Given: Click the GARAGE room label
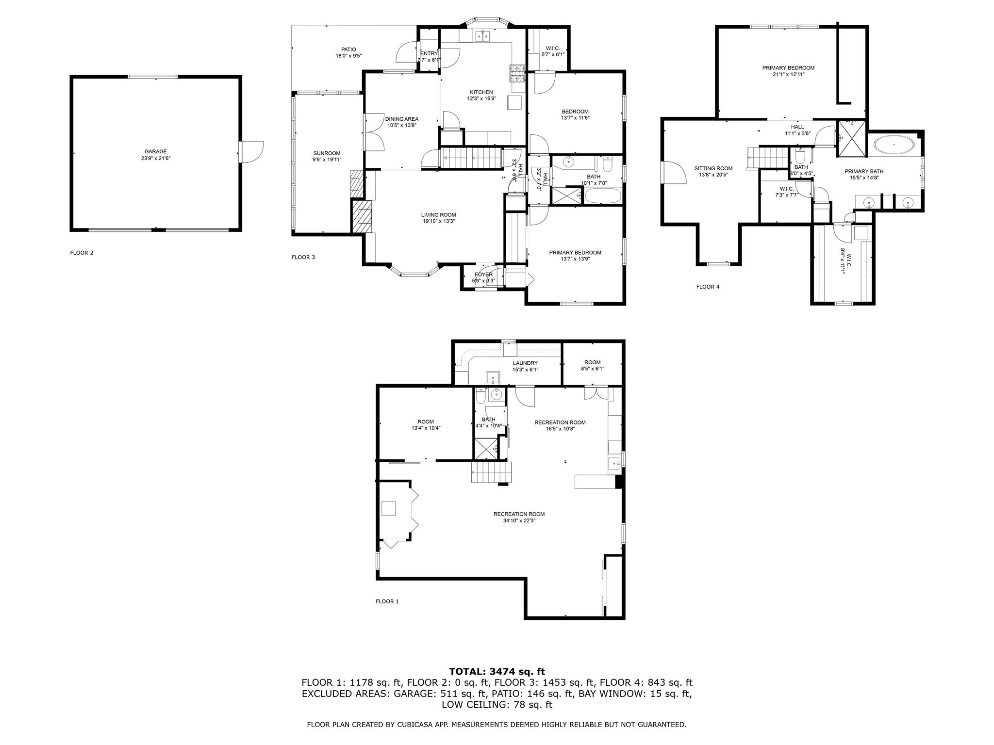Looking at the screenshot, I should tap(155, 152).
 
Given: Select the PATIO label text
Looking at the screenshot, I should tap(348, 49).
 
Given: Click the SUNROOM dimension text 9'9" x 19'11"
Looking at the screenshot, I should tap(327, 160).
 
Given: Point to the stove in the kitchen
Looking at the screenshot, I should tap(517, 72).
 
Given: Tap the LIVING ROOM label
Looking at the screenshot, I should tap(438, 215).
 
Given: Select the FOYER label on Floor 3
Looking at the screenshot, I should tap(483, 275).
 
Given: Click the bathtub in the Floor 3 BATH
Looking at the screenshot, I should tap(603, 196).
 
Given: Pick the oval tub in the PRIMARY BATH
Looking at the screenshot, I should tap(894, 145).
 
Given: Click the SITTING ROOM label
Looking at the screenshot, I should tap(713, 169).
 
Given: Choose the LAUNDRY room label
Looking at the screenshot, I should tap(525, 363).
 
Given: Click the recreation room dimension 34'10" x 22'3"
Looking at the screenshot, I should tap(519, 520).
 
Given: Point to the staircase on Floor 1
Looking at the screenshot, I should tap(491, 472).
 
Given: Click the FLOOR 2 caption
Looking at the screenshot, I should tap(82, 253).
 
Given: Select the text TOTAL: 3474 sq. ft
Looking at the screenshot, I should tap(497, 672).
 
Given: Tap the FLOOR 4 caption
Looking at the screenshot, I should tap(708, 287).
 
